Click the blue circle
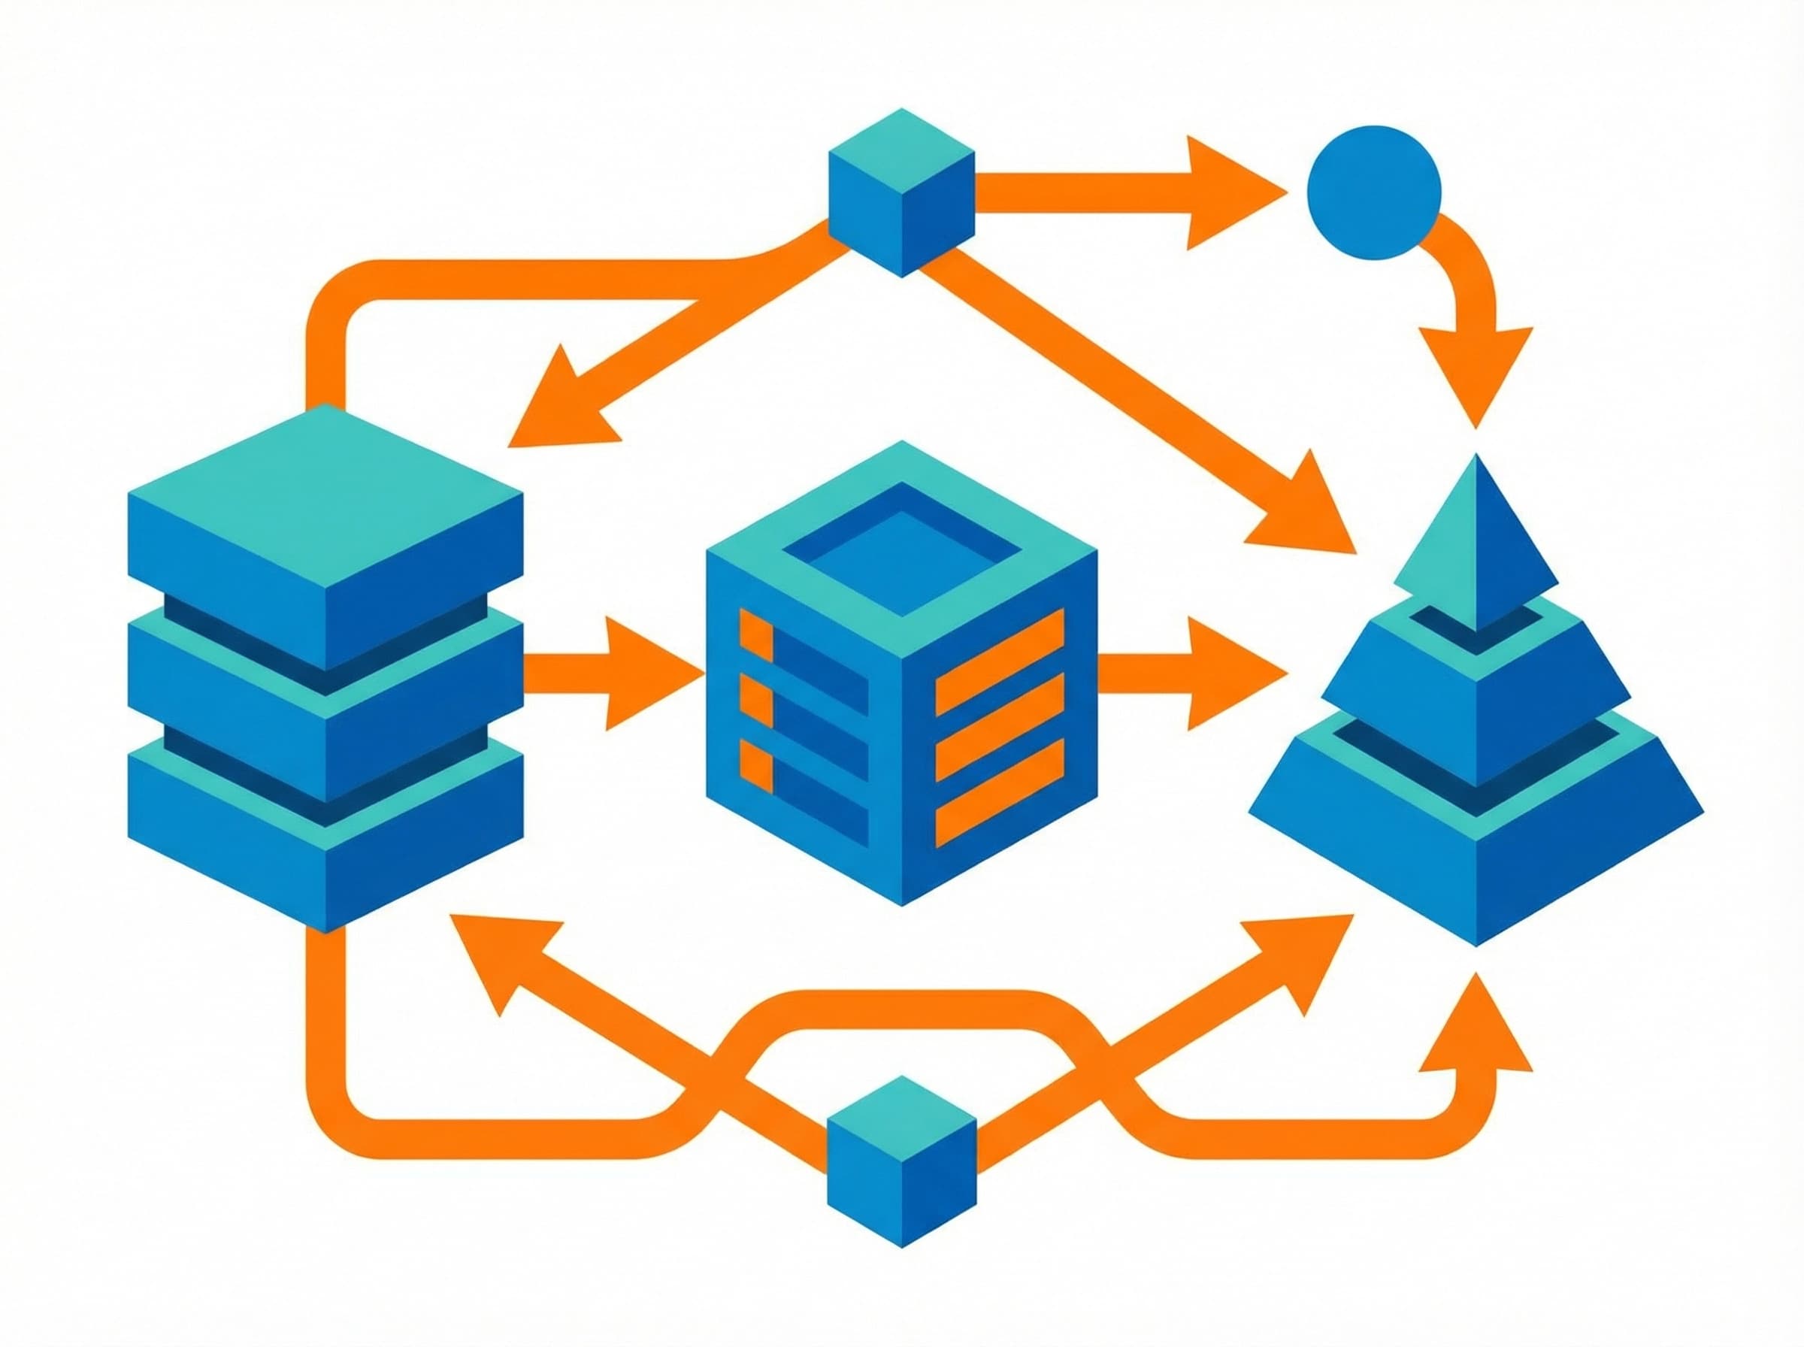(x=1373, y=192)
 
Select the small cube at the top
(x=900, y=192)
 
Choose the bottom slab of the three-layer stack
(x=325, y=831)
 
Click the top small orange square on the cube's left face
(x=755, y=634)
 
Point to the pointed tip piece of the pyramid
(x=1476, y=546)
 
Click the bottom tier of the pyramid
(x=1476, y=840)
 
